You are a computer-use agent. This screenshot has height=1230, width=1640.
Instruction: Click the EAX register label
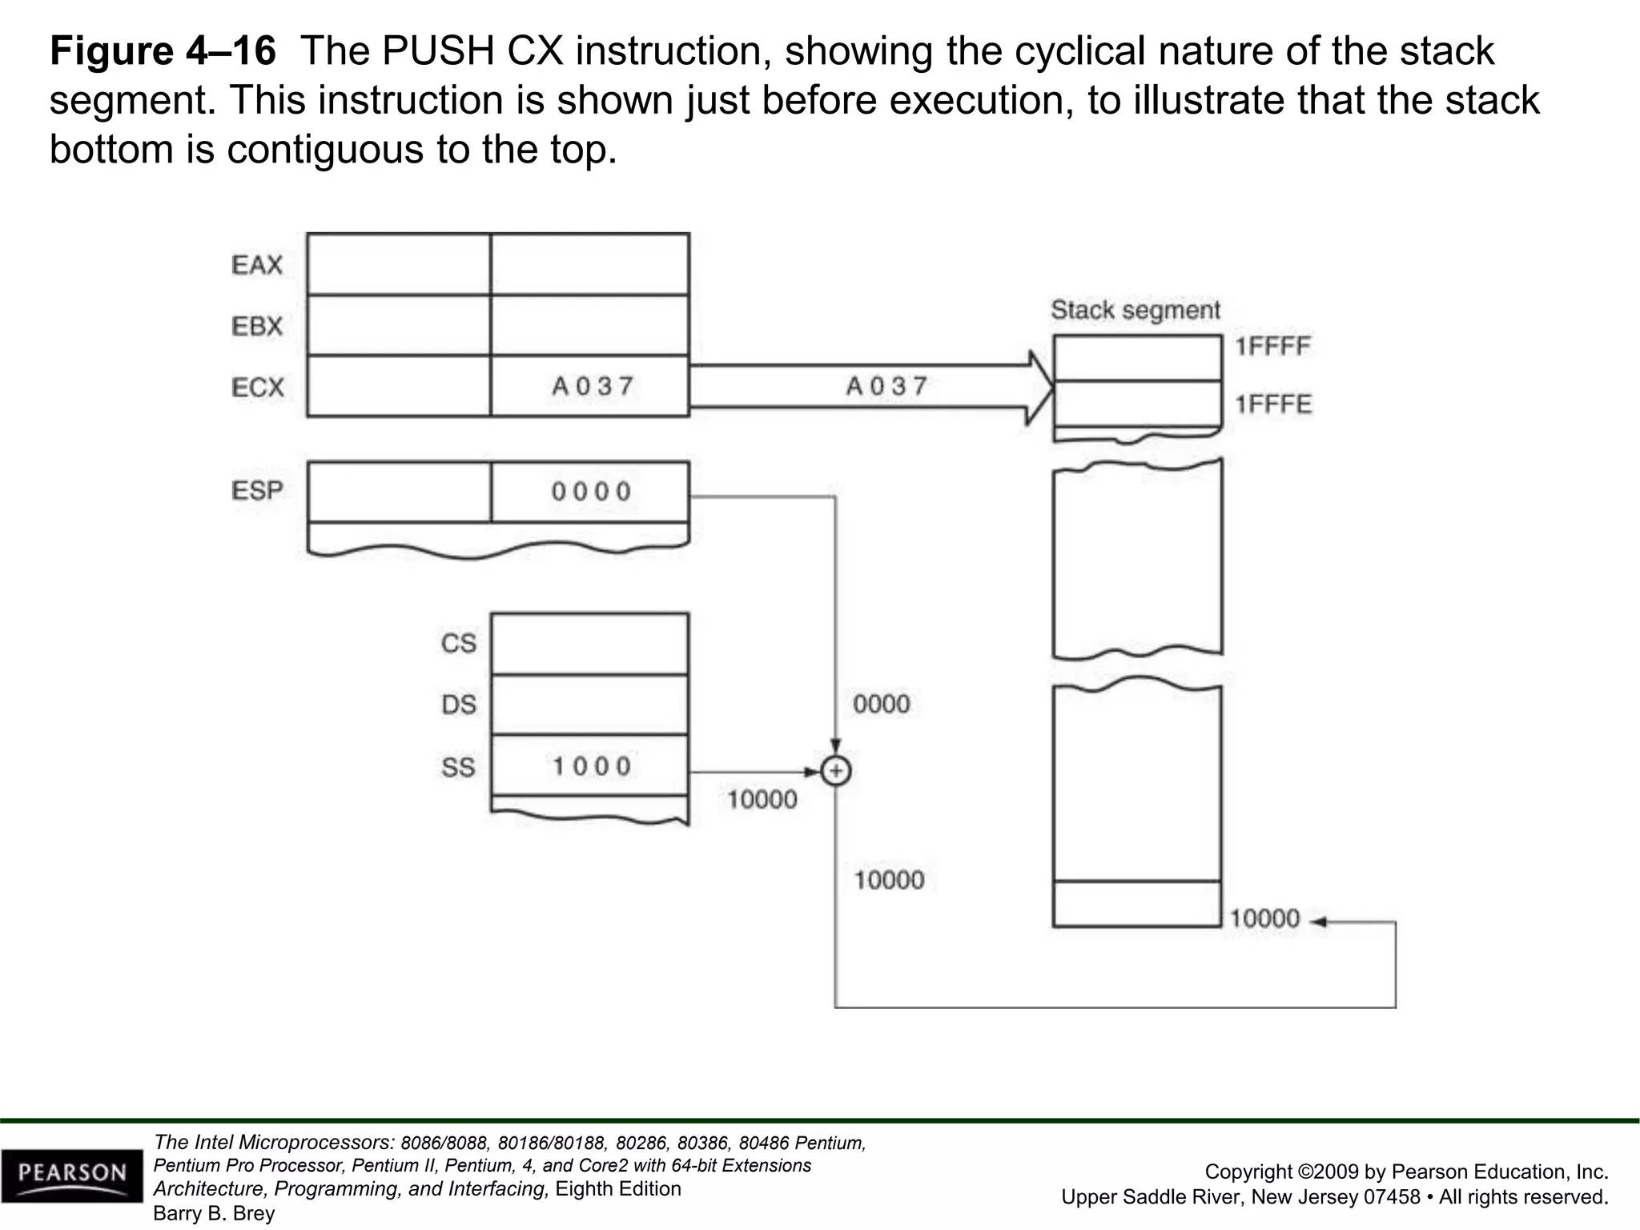coord(257,265)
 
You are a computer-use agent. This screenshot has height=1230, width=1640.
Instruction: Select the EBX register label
coord(257,327)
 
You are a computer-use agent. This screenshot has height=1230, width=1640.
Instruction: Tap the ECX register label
coord(258,388)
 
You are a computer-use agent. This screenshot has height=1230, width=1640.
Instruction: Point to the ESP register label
coord(258,490)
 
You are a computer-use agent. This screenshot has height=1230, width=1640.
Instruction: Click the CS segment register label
coord(459,643)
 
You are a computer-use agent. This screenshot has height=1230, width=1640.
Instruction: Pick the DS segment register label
coord(459,705)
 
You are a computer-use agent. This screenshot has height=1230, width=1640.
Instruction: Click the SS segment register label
coord(459,767)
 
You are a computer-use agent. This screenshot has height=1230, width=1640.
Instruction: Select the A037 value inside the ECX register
coord(593,387)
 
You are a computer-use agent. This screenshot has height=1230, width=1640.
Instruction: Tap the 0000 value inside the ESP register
coord(592,492)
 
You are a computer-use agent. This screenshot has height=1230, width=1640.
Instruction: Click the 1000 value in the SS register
coord(593,766)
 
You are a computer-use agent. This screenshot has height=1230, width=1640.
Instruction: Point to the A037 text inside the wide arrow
coord(887,387)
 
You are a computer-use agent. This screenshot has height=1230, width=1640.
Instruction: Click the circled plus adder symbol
coord(836,771)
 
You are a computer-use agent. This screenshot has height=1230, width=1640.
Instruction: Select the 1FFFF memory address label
coord(1272,347)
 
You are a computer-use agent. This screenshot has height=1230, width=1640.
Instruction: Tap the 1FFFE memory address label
coord(1272,404)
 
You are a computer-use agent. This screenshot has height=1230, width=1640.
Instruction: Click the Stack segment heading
coord(1136,310)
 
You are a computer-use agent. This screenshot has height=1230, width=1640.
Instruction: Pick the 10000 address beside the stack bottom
coord(1264,918)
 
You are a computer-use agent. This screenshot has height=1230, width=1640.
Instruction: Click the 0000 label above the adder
coord(882,705)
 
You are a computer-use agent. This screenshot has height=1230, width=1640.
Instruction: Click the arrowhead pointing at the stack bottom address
coord(1318,922)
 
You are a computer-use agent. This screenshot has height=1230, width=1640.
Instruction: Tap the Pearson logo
coord(73,1175)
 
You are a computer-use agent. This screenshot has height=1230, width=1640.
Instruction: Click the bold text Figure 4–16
coord(163,51)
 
